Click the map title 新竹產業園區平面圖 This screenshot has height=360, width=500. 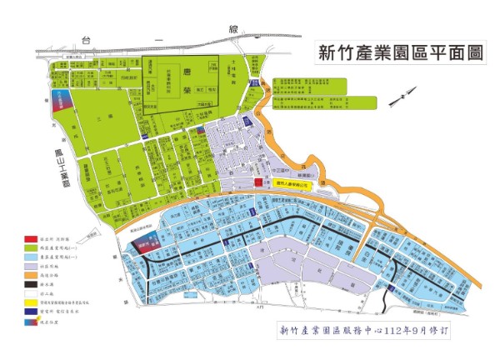point(401,54)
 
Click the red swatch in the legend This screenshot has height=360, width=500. point(30,238)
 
